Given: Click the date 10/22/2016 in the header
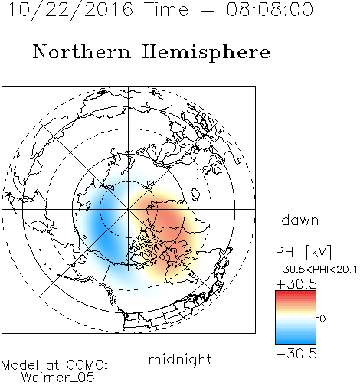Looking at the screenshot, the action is point(70,10).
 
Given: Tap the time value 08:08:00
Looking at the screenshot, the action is point(270,9).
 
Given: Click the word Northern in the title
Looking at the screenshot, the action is point(82,51).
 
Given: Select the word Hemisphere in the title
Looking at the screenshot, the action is point(206,53).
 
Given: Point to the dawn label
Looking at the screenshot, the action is point(300,220).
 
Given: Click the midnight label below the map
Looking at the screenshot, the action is point(180,360).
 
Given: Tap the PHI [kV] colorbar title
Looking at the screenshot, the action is point(303,252).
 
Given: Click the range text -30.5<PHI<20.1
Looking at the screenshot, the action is point(316,270).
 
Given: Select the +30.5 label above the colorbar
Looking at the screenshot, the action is point(296,284).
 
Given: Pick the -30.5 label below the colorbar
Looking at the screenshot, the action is point(296,354).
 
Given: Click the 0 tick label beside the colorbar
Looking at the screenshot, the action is point(322,319).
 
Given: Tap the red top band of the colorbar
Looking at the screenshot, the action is point(296,293).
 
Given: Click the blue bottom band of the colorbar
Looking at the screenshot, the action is point(296,342).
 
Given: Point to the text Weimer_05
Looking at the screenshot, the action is point(58,378).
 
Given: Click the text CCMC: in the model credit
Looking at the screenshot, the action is point(87,365).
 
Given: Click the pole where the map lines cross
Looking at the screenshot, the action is point(129,209).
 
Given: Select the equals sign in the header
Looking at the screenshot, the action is point(208,10).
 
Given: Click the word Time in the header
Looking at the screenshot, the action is point(166,9).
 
